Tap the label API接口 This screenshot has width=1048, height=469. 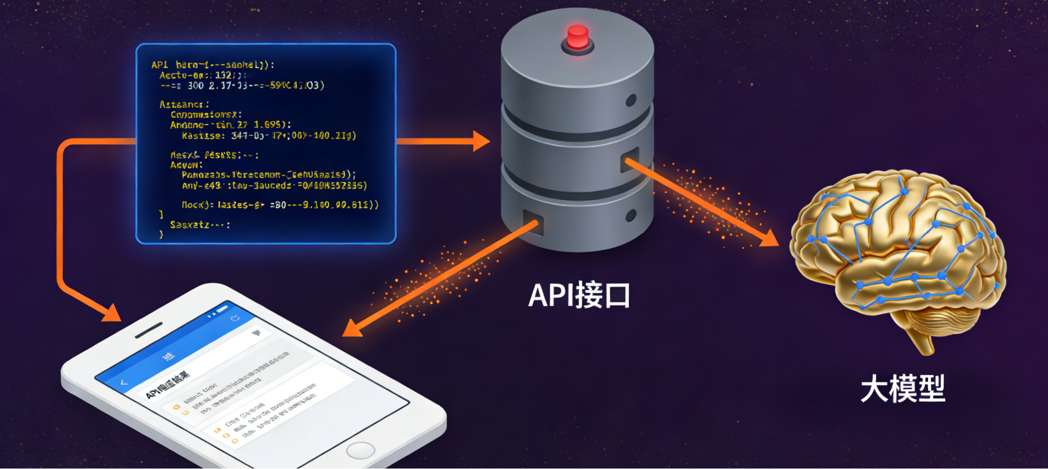(x=579, y=296)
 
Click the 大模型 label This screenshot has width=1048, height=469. (x=902, y=389)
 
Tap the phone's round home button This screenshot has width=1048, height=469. (x=360, y=450)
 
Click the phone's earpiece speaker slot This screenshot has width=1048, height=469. (x=149, y=330)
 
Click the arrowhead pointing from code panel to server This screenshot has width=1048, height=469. (x=481, y=141)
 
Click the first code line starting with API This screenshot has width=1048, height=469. (x=213, y=65)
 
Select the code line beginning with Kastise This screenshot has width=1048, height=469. (x=268, y=136)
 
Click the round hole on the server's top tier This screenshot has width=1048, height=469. (x=631, y=100)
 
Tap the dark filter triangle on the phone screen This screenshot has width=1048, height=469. (x=256, y=333)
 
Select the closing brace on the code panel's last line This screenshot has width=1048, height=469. (x=161, y=234)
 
